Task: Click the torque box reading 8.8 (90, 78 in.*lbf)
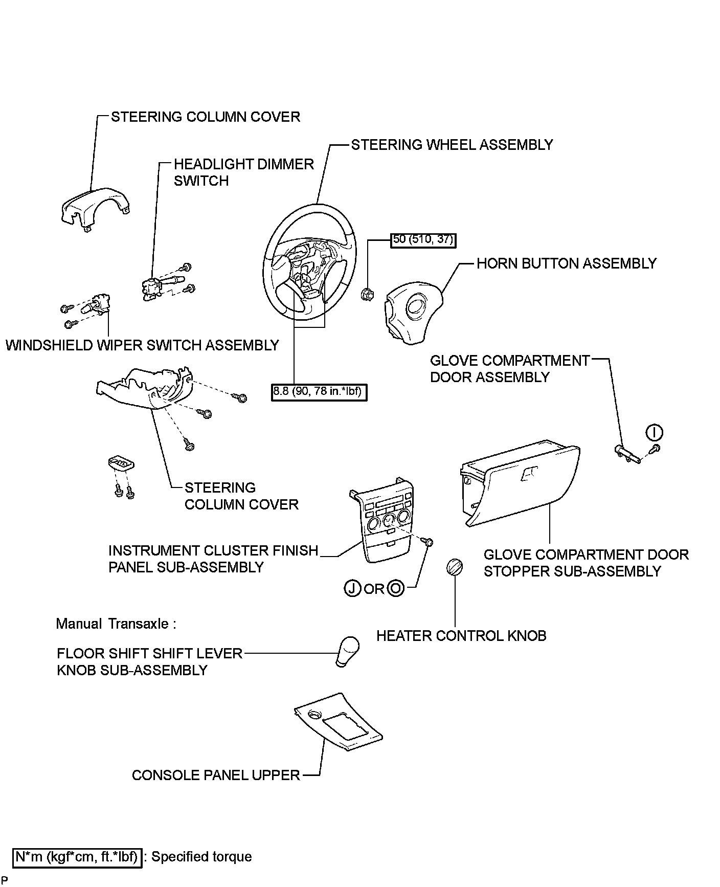click(319, 392)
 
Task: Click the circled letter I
click(654, 433)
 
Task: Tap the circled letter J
click(352, 589)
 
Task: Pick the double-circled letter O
click(396, 589)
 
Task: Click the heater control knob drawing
click(455, 568)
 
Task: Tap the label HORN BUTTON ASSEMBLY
click(566, 263)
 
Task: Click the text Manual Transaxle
click(116, 624)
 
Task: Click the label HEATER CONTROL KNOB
click(461, 636)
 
